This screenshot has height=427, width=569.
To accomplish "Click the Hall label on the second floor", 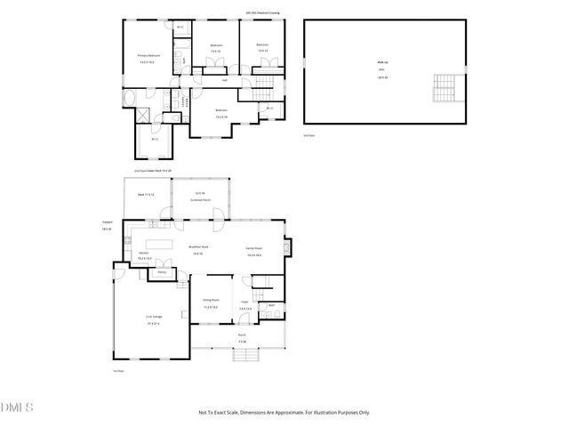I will coord(225,80).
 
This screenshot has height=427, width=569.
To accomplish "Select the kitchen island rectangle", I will coord(158,242).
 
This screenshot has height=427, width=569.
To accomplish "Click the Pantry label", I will coord(163,271).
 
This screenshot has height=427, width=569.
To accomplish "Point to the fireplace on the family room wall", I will coord(286,246).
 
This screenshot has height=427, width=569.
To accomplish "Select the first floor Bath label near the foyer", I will coord(271,304).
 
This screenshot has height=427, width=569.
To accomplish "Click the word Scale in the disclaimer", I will coord(240,412).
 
